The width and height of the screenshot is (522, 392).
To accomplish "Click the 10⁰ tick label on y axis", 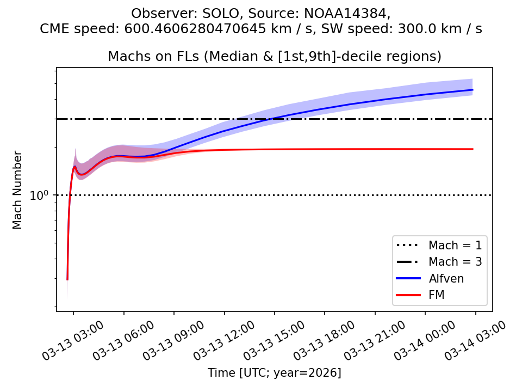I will coord(39,195).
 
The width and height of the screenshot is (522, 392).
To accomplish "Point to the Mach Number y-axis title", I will coord(18,189).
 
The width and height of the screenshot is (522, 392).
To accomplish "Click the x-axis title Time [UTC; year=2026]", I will coord(275,373).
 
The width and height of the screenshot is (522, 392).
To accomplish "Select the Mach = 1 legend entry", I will coord(455,244).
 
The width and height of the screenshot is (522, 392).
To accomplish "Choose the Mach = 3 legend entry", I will coord(455,261).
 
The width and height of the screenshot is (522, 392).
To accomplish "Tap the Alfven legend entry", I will coord(446,278).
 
